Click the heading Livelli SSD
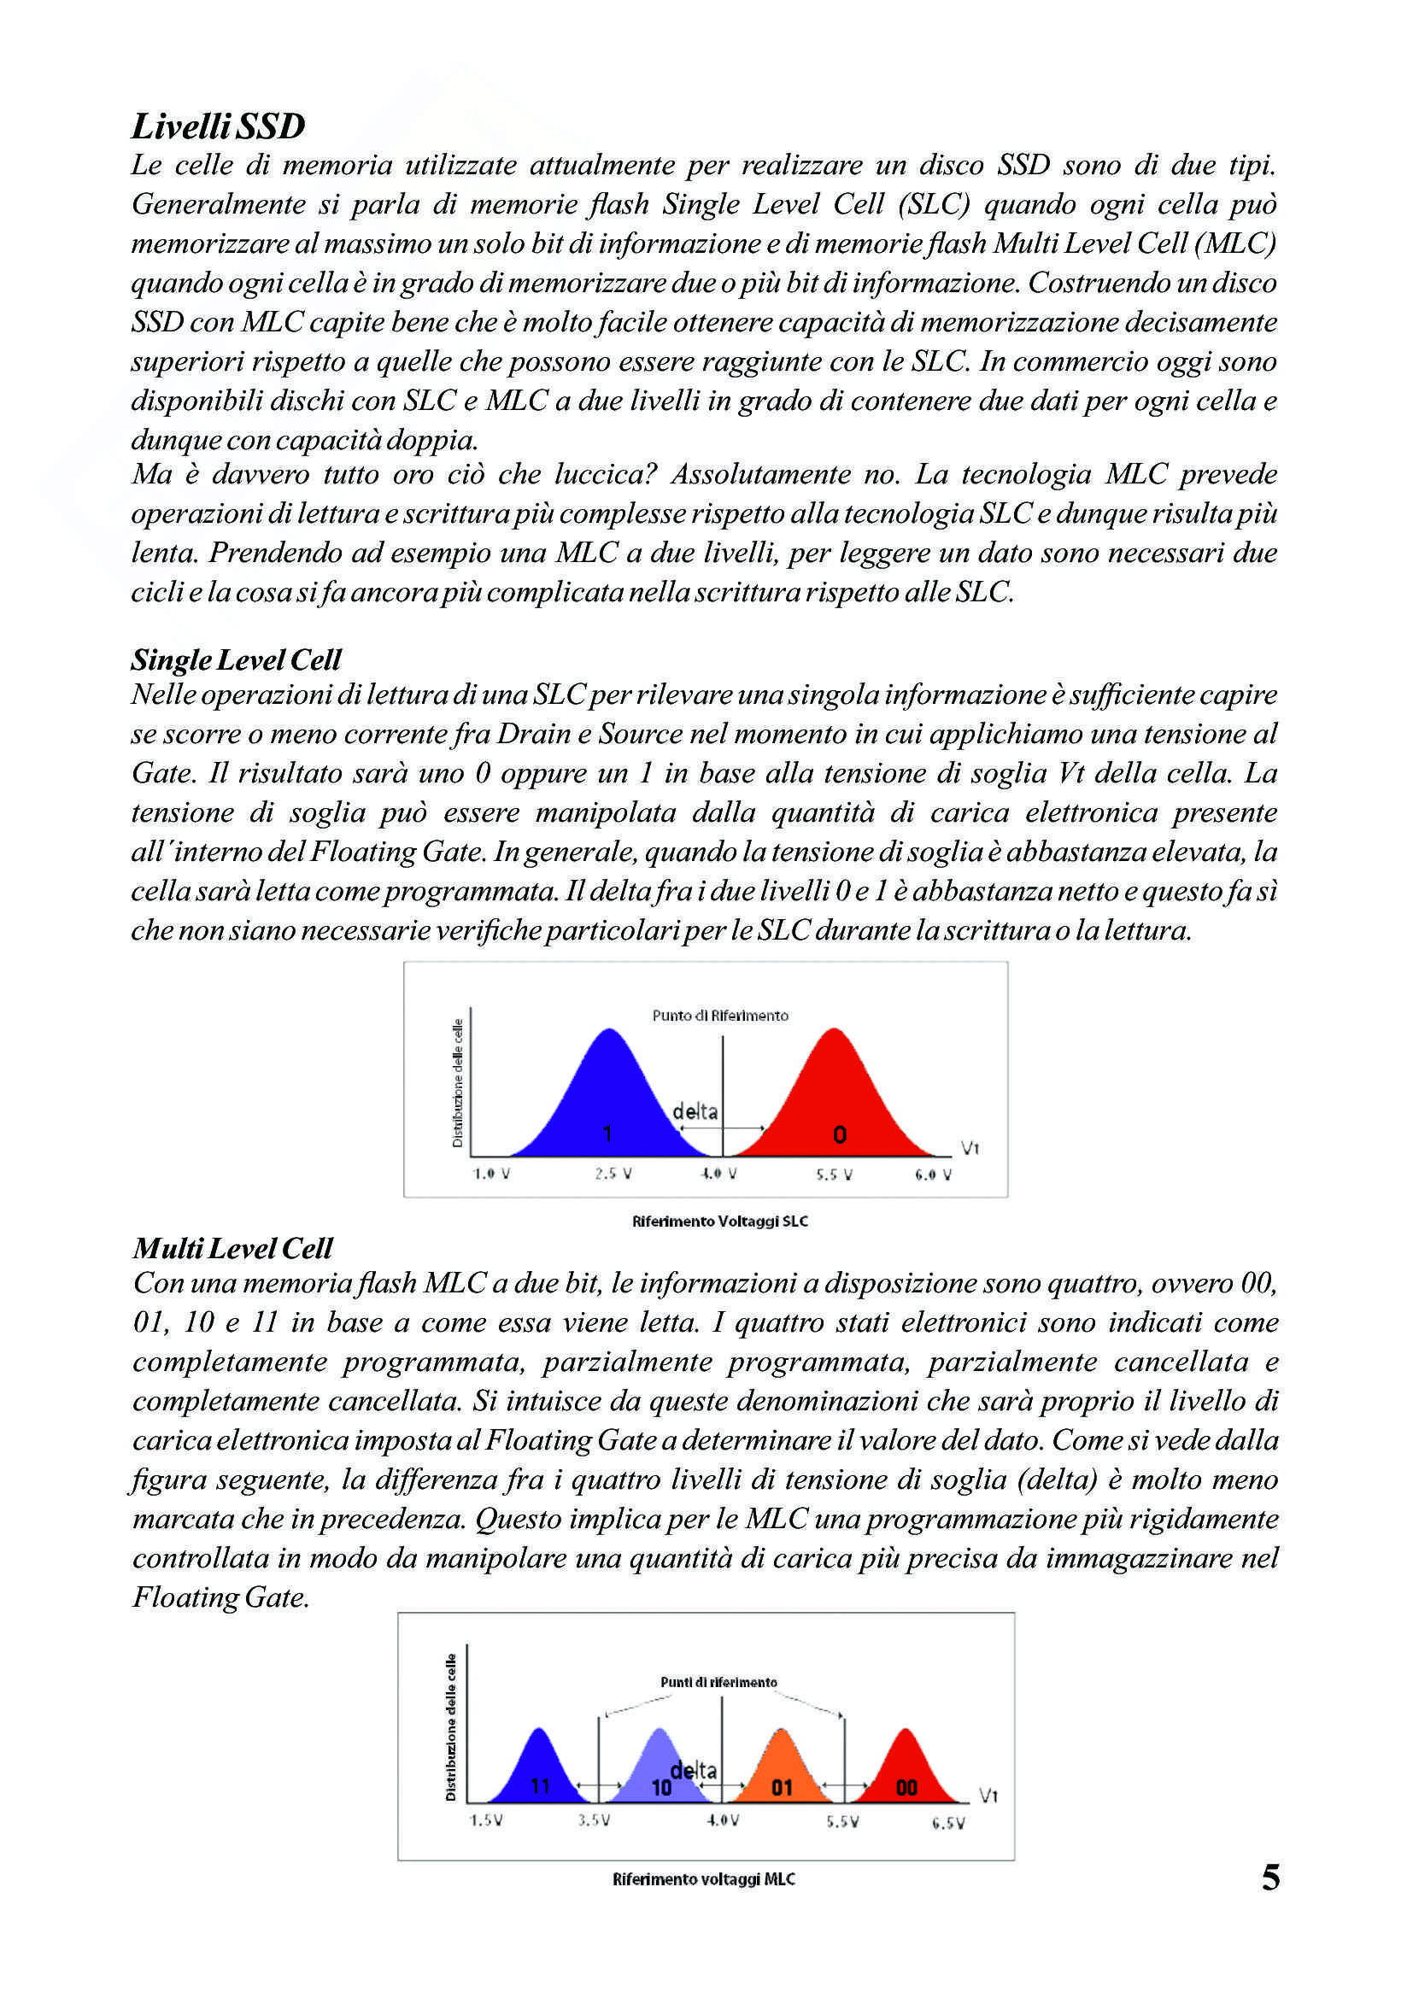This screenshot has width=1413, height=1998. [218, 126]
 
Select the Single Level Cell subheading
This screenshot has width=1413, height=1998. [236, 659]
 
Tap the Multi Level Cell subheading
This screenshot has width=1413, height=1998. [232, 1249]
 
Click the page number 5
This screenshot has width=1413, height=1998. [1270, 1878]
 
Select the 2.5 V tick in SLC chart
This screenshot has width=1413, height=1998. [613, 1174]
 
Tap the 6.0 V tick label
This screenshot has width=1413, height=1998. [933, 1175]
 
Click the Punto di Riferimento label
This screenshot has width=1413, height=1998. [720, 1016]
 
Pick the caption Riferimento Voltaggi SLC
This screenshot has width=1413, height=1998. [719, 1222]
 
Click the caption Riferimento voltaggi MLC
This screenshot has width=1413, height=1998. [704, 1879]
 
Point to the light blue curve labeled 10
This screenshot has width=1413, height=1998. [660, 1767]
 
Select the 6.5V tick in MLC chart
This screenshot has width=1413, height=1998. [947, 1823]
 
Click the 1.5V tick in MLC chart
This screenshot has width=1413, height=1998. [485, 1820]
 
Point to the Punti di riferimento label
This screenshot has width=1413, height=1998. [718, 1682]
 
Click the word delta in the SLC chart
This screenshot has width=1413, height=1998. [695, 1111]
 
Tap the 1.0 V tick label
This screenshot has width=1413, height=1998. [491, 1174]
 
